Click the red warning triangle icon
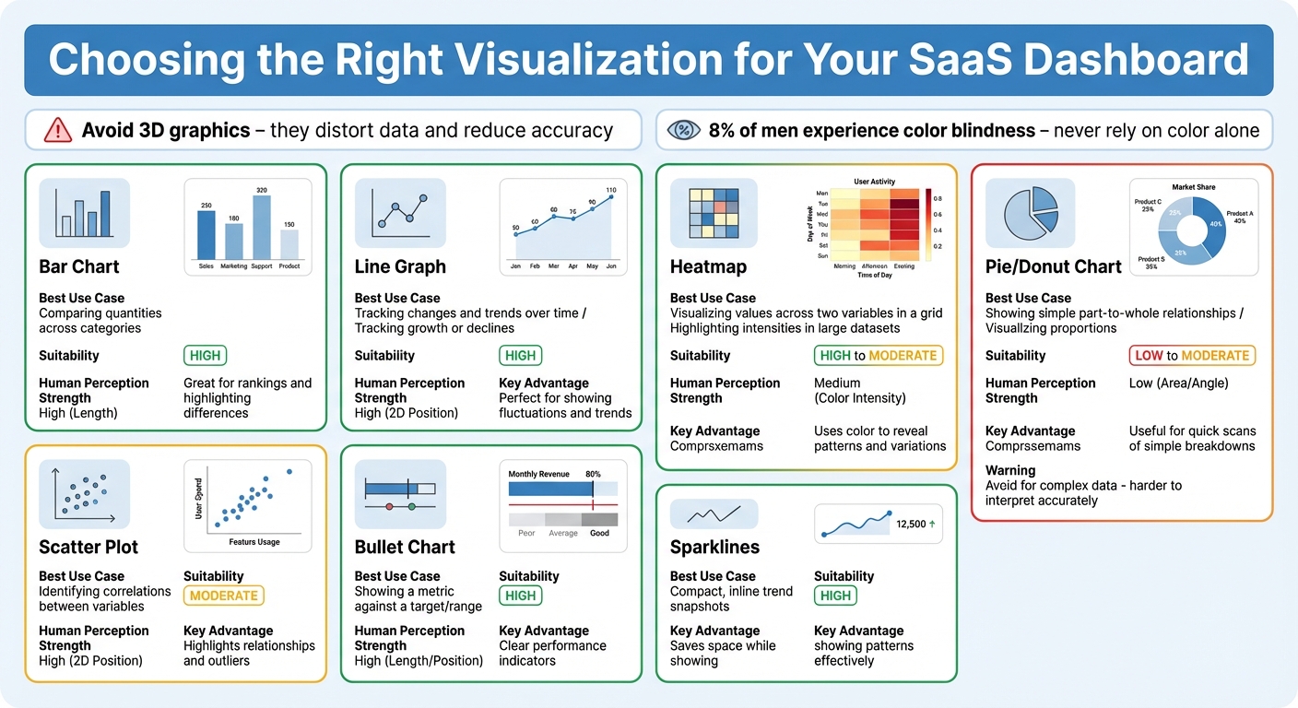click(57, 130)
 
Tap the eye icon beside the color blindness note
click(684, 130)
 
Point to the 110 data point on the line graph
click(610, 196)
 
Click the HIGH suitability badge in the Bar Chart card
click(205, 356)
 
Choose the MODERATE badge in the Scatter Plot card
click(224, 596)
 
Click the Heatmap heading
click(708, 266)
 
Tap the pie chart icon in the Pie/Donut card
click(1029, 212)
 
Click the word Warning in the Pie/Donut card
click(1010, 470)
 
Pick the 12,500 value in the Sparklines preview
click(911, 524)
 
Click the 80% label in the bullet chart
click(593, 474)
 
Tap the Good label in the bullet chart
click(599, 533)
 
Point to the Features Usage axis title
click(255, 542)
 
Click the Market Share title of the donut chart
click(1193, 187)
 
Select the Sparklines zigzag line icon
click(714, 513)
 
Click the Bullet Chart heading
click(405, 547)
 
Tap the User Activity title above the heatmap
click(874, 182)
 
